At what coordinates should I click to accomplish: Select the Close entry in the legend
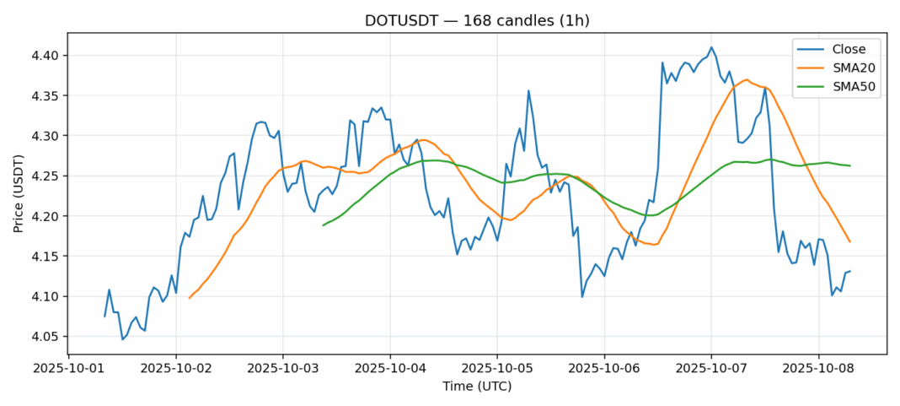(843, 49)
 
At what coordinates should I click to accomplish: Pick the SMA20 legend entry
(846, 68)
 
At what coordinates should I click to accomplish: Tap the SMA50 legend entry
(846, 88)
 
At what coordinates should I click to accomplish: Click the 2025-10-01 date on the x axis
(69, 369)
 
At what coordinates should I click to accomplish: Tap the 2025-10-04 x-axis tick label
(390, 369)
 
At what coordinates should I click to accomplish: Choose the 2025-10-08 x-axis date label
(818, 369)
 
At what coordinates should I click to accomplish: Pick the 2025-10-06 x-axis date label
(604, 369)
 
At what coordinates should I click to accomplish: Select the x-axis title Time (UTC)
(476, 387)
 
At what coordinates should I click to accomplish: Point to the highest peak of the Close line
(711, 47)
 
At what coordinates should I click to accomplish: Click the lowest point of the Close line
(122, 339)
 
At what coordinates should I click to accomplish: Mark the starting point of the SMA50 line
(324, 225)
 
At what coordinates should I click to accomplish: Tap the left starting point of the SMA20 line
(189, 298)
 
